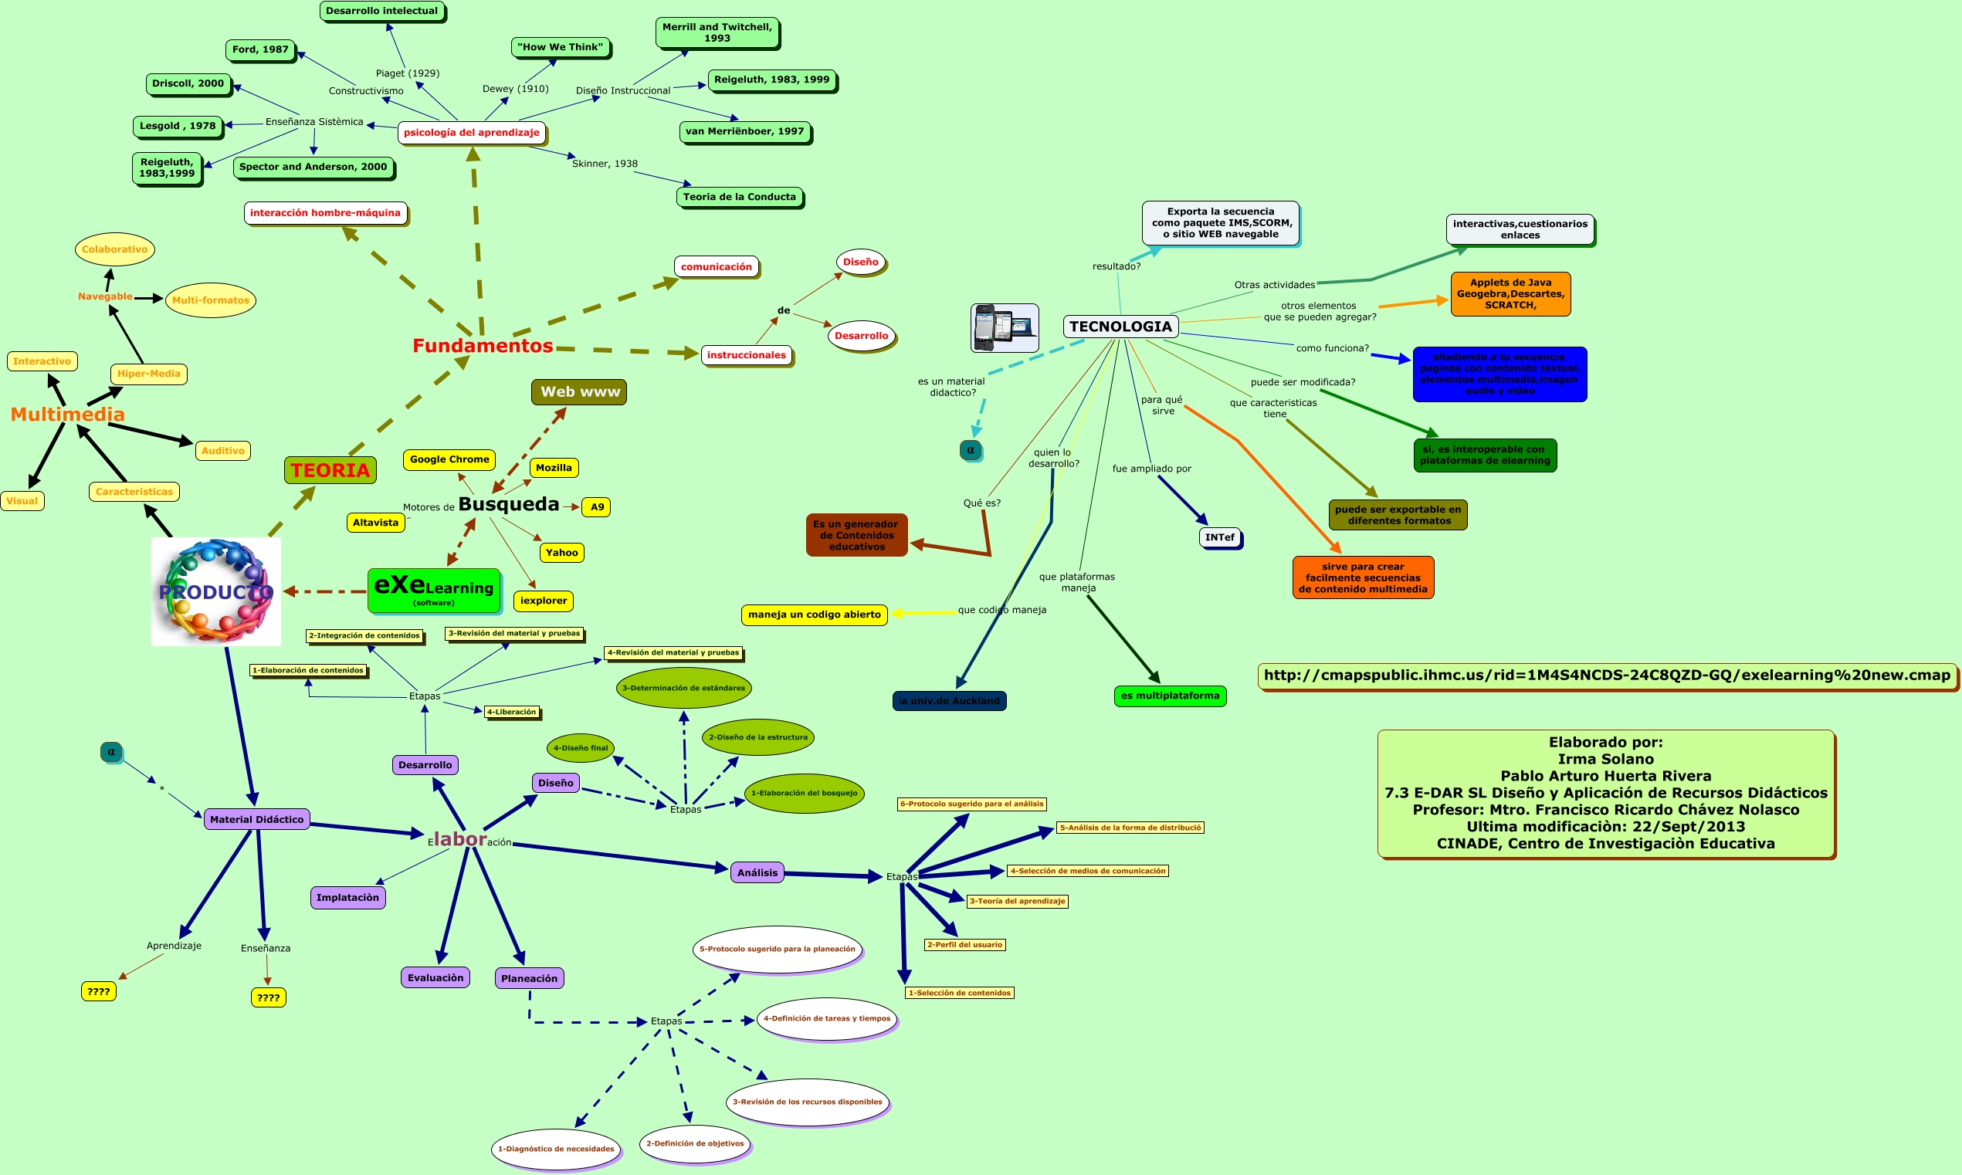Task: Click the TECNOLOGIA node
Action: click(x=1120, y=327)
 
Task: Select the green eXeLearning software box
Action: click(x=434, y=591)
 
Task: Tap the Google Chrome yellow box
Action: click(x=449, y=459)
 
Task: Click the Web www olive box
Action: click(x=579, y=392)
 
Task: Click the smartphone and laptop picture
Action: click(x=1004, y=328)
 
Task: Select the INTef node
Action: click(x=1219, y=537)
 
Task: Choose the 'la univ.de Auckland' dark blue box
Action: click(x=948, y=701)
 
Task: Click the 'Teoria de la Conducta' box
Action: click(x=739, y=197)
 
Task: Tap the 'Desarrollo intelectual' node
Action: click(x=381, y=11)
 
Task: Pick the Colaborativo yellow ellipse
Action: click(x=114, y=249)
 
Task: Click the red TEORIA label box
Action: click(x=330, y=470)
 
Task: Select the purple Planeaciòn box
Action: click(x=529, y=978)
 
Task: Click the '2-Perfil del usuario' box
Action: click(x=964, y=945)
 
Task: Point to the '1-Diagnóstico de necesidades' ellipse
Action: click(x=555, y=1148)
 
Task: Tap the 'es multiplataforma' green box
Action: click(x=1170, y=696)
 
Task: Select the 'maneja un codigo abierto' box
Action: click(x=814, y=615)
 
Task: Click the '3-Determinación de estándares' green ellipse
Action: click(x=683, y=688)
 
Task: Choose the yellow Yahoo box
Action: click(x=561, y=553)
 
